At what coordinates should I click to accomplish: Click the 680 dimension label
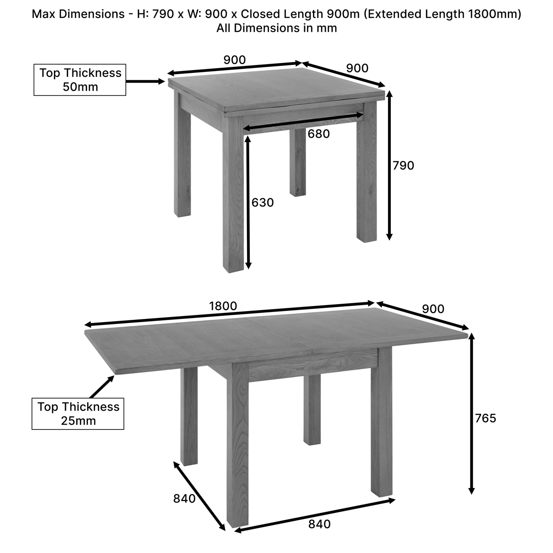tap(318, 134)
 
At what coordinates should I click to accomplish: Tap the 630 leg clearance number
tap(263, 203)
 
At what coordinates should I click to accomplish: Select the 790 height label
tap(403, 165)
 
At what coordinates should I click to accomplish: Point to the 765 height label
tap(486, 418)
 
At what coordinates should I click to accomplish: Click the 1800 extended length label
tap(223, 306)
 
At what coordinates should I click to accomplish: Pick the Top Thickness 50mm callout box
tap(80, 80)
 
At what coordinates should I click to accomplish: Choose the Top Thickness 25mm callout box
tap(78, 413)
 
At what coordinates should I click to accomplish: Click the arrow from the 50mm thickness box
tap(146, 82)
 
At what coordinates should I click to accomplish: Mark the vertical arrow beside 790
tap(389, 165)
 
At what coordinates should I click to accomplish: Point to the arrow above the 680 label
tap(303, 122)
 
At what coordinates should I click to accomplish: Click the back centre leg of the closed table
tap(298, 162)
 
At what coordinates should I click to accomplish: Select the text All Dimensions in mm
tap(276, 28)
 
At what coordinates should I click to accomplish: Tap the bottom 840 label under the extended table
tap(319, 524)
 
